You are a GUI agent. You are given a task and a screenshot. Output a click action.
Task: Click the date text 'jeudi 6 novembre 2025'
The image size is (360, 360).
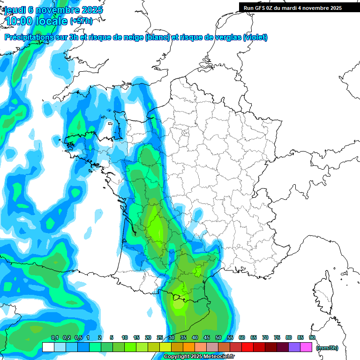click(53, 10)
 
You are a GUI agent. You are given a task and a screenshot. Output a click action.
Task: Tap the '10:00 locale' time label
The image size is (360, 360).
click(36, 21)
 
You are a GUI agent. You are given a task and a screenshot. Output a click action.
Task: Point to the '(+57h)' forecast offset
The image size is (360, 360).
click(82, 21)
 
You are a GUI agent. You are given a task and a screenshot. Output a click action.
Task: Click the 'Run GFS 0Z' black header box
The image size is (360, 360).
click(299, 8)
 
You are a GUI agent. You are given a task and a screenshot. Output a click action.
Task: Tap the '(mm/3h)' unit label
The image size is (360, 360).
click(327, 348)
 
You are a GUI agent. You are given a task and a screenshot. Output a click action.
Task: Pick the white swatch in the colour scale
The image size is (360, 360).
click(48, 347)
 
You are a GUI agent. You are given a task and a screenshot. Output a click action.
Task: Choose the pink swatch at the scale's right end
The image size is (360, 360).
click(306, 347)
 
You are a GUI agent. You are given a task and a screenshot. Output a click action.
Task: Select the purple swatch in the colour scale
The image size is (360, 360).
click(294, 347)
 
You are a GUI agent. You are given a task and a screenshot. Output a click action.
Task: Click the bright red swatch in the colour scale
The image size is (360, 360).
click(247, 347)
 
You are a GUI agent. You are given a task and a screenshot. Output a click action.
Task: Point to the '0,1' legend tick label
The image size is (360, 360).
click(54, 338)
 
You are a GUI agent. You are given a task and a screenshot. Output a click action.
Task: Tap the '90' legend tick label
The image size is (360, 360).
click(312, 338)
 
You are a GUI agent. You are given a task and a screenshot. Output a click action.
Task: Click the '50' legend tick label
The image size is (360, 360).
click(218, 338)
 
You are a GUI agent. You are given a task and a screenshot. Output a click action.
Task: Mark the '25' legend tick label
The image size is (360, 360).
click(160, 338)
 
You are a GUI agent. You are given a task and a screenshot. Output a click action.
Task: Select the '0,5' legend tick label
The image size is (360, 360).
click(78, 338)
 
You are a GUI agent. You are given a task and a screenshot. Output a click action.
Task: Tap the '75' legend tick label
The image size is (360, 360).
click(277, 338)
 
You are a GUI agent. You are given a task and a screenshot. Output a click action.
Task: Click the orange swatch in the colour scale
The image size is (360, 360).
click(189, 347)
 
